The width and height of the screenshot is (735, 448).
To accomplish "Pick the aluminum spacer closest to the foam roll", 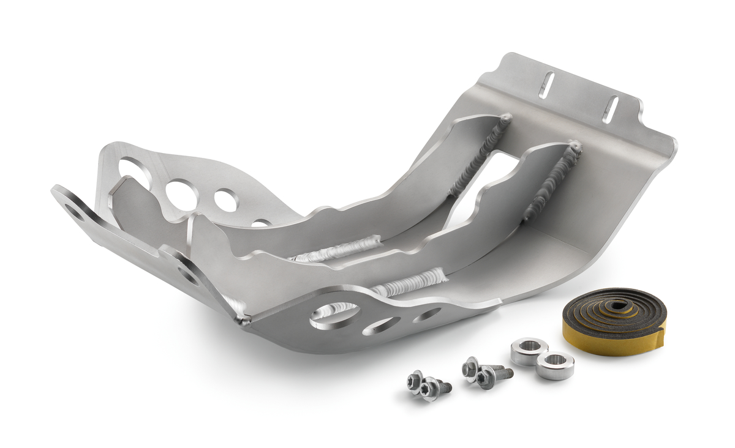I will [x=556, y=366].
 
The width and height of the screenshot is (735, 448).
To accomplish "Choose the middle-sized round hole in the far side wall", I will [x=226, y=200].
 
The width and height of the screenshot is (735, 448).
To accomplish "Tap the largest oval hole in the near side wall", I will [x=335, y=315].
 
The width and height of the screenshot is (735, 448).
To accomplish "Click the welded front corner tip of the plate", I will [x=244, y=321].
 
